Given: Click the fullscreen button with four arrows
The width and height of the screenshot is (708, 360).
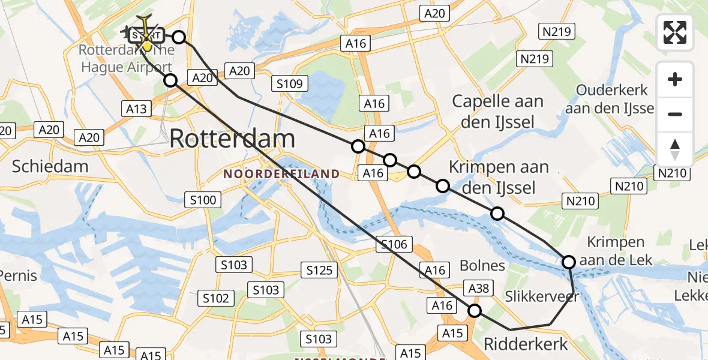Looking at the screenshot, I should (675, 32).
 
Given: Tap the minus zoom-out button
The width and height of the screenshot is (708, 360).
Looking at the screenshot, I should (675, 114).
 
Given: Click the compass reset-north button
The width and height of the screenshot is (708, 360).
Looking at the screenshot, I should (675, 149).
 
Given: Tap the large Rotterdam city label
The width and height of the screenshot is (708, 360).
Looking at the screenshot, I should (232, 139).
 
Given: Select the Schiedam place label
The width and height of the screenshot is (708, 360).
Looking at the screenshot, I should (50, 166).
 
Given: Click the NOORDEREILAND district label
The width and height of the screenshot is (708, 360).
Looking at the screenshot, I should (281, 174).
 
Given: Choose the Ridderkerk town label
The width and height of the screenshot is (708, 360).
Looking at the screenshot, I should (526, 344).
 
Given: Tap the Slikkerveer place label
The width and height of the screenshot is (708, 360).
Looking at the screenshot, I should (541, 296).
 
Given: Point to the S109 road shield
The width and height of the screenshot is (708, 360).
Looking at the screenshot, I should (290, 83).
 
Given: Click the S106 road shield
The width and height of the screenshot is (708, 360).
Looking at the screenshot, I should (394, 244).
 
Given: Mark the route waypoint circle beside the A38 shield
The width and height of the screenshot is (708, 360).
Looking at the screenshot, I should (475, 310).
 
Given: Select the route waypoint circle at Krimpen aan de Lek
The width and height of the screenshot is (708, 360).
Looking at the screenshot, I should (568, 262).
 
